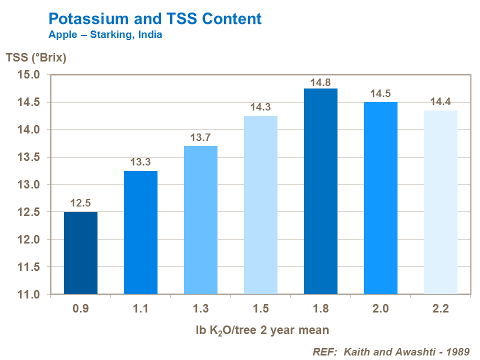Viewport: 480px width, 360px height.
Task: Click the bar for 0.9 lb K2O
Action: (80, 252)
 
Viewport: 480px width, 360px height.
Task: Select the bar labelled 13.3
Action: (140, 232)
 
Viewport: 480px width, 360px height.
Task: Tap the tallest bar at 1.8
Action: (320, 191)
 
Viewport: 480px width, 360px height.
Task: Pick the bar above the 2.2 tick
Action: (440, 202)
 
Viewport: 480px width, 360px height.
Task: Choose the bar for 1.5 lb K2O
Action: (260, 205)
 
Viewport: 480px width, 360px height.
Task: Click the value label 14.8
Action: (320, 82)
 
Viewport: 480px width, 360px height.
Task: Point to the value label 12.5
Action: (80, 204)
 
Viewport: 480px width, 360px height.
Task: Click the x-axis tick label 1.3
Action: (200, 308)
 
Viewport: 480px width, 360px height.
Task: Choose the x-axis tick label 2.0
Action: (380, 308)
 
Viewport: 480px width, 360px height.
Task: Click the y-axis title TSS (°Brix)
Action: (36, 57)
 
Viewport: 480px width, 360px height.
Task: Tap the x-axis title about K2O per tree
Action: (262, 330)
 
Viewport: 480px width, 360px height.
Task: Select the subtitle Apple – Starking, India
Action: (105, 35)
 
